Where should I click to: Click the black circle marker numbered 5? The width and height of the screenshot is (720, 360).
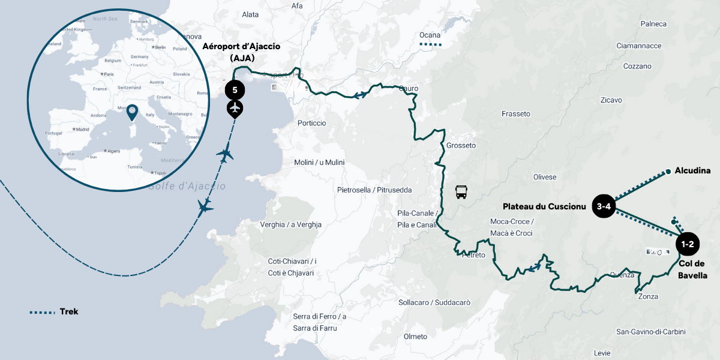[x=235, y=90]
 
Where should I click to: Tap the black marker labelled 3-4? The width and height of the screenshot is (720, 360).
[x=604, y=207]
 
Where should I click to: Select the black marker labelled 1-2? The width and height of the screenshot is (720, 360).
[x=687, y=244]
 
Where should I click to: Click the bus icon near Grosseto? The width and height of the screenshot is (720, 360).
[x=461, y=192]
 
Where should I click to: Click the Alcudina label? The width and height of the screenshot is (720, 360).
[x=692, y=170]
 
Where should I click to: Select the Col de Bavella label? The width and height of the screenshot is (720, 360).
[x=692, y=269]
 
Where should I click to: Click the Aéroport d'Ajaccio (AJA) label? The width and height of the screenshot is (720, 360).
[x=242, y=52]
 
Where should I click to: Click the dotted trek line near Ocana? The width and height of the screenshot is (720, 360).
[x=430, y=44]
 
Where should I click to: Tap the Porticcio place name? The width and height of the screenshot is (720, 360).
[x=311, y=123]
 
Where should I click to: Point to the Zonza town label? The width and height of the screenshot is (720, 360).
[x=648, y=296]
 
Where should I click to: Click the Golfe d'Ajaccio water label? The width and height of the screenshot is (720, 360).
[x=187, y=187]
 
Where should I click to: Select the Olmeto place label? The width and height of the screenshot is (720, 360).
[x=415, y=337]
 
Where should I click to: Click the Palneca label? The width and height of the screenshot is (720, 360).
[x=653, y=24]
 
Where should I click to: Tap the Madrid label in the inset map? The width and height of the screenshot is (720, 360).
[x=82, y=129]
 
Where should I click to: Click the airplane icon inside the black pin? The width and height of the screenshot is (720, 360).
[x=235, y=109]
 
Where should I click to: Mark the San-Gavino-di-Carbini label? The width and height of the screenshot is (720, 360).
[x=650, y=332]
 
